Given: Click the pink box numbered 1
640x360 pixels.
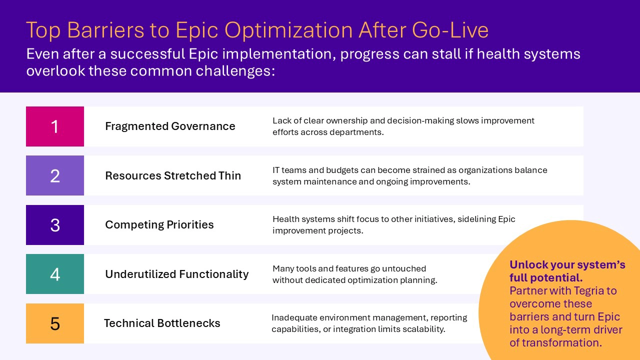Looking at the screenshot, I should (55, 126).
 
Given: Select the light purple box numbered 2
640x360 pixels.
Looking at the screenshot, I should (55, 175).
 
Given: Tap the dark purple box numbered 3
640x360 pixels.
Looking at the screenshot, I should (55, 225).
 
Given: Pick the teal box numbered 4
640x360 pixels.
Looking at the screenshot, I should (55, 274).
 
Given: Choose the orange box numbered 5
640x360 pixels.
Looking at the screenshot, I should (55, 323).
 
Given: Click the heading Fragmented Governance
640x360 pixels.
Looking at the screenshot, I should (170, 126).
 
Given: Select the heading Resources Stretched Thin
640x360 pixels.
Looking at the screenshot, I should (173, 176).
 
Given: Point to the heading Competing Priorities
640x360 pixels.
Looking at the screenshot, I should (159, 225).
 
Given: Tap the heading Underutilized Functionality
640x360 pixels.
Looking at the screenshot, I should (176, 274).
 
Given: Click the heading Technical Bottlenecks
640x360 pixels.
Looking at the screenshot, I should (162, 323).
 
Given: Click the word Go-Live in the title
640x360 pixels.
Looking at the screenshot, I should (450, 30).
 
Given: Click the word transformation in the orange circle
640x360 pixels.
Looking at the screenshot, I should (561, 343).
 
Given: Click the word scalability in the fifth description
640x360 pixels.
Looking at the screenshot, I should (422, 329).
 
